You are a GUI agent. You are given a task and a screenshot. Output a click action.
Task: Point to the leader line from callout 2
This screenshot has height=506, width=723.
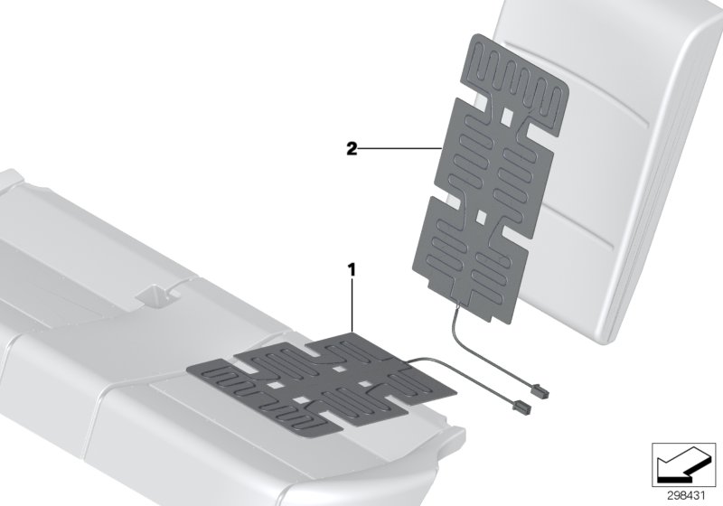click(398, 148)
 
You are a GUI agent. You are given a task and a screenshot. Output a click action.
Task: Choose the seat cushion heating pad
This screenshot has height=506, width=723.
click(307, 379)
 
